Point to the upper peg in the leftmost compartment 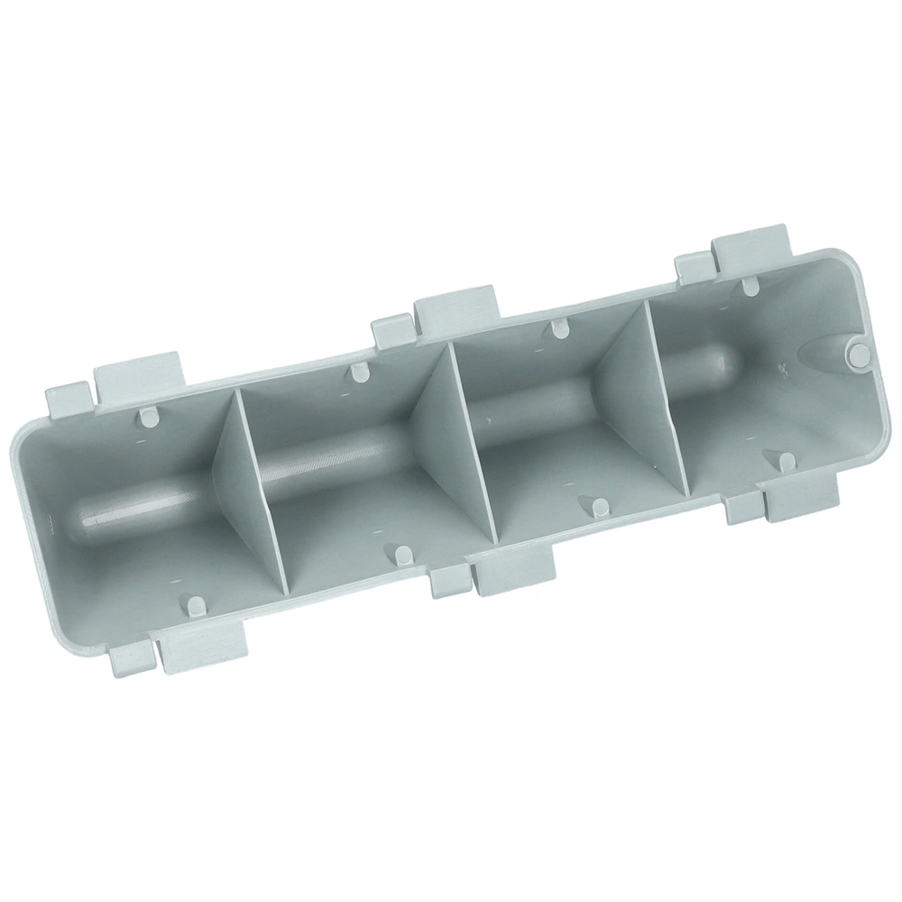tap(146, 416)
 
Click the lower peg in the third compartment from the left tap(596, 505)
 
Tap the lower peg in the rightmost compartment tap(787, 461)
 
